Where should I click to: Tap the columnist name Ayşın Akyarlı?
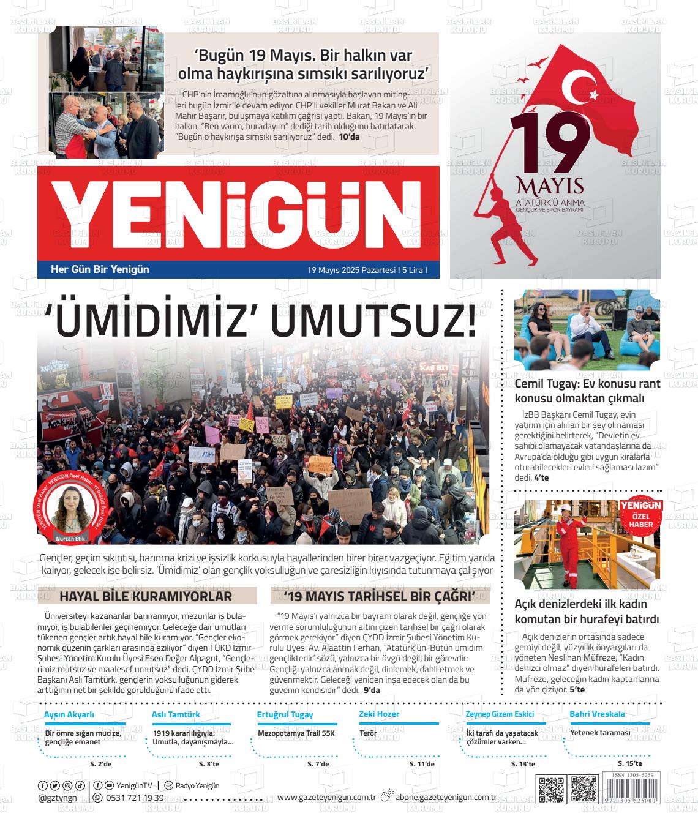69,714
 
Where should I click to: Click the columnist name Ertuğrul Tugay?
285,714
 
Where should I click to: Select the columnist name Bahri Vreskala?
597,714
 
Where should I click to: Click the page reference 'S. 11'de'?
422,764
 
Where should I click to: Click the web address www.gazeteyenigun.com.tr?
326,797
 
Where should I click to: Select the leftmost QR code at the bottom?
550,789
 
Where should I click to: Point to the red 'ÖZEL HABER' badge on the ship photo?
640,514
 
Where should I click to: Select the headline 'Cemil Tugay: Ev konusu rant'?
587,384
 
